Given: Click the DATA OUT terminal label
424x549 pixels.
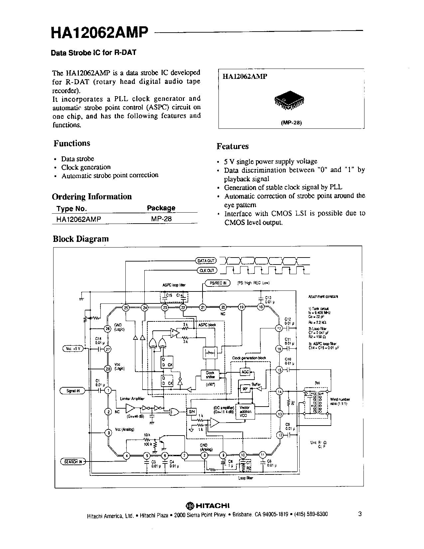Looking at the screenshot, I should pyautogui.click(x=206, y=261).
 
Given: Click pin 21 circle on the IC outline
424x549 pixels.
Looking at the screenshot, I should pyautogui.click(x=203, y=307).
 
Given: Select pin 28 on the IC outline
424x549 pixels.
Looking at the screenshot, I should pyautogui.click(x=108, y=368).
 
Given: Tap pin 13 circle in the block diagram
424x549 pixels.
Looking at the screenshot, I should pyautogui.click(x=280, y=414).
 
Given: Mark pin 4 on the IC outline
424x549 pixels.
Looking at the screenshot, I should pyautogui.click(x=126, y=456).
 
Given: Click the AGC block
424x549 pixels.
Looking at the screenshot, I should pyautogui.click(x=245, y=372).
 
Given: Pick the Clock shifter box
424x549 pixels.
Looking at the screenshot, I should pyautogui.click(x=210, y=375).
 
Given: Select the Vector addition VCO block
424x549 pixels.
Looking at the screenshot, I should pyautogui.click(x=245, y=411).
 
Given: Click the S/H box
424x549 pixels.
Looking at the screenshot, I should pyautogui.click(x=192, y=412).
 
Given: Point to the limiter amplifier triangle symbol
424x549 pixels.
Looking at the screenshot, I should pyautogui.click(x=130, y=408).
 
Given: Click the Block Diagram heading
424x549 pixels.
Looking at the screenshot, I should pyautogui.click(x=81, y=239).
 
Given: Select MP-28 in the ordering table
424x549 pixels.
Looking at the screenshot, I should pyautogui.click(x=161, y=219).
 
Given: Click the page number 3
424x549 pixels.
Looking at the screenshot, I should pyautogui.click(x=360, y=514).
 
